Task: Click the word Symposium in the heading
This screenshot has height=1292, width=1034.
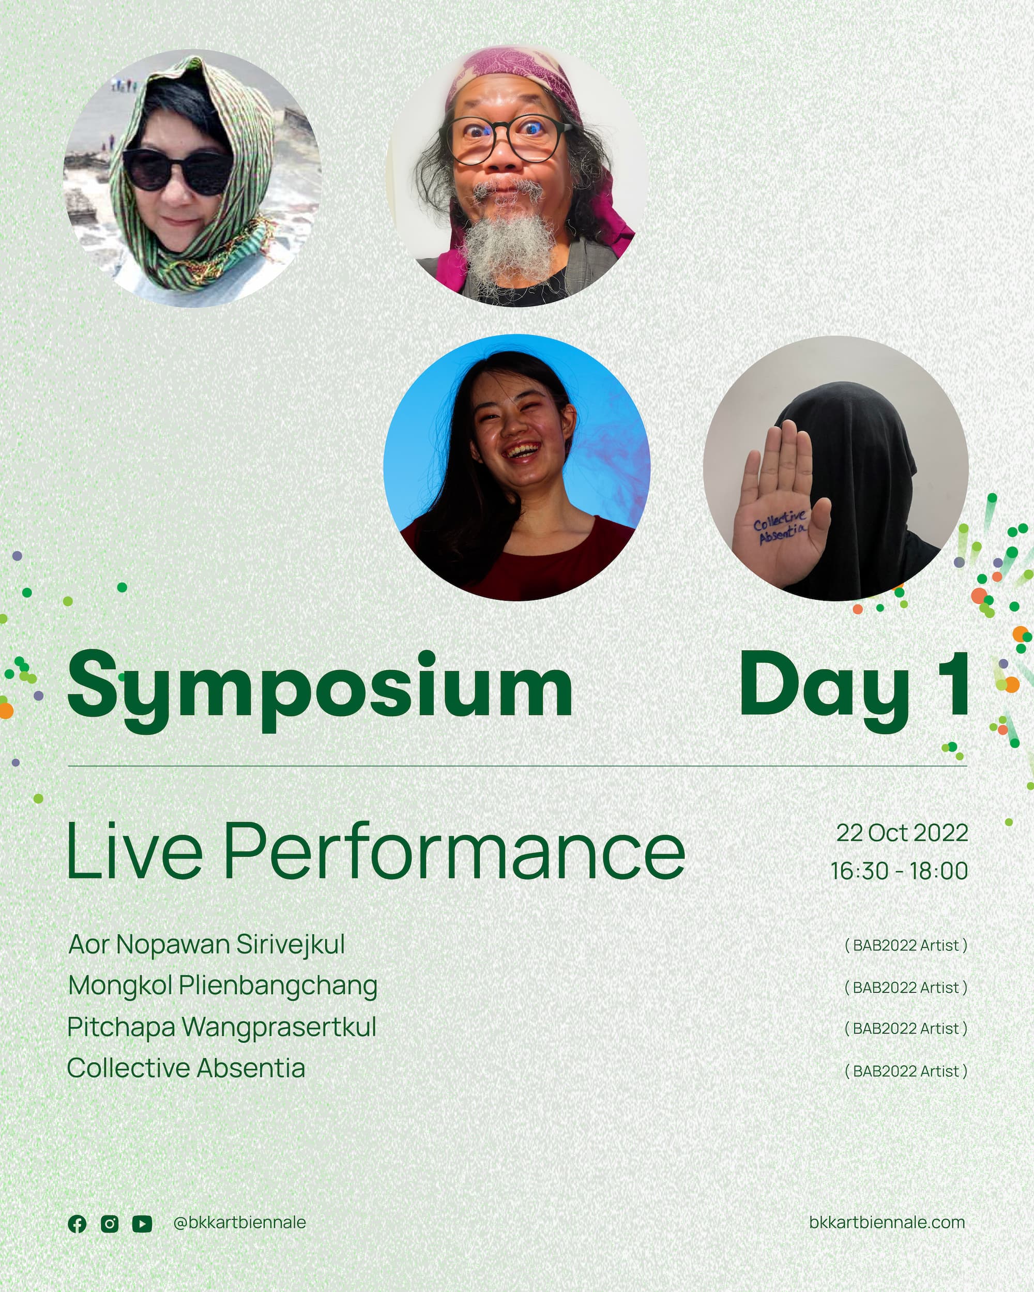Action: [320, 690]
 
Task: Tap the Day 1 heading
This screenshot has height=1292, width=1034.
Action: [854, 690]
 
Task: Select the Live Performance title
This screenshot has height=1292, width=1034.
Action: [376, 850]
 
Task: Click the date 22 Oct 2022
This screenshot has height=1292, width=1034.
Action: [902, 833]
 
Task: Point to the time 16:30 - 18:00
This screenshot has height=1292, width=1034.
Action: [899, 871]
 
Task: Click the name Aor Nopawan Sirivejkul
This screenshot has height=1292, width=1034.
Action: [207, 945]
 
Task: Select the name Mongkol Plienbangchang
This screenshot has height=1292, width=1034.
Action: [223, 986]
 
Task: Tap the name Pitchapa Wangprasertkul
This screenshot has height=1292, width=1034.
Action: [222, 1027]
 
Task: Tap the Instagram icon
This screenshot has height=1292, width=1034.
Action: [110, 1224]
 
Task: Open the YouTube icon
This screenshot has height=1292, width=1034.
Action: [142, 1224]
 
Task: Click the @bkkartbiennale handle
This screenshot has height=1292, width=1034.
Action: [240, 1223]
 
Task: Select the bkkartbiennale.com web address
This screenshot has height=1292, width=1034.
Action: [887, 1223]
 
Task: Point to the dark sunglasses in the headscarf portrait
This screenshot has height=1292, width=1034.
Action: [177, 172]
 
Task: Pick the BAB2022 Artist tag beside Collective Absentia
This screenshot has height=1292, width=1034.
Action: [906, 1071]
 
